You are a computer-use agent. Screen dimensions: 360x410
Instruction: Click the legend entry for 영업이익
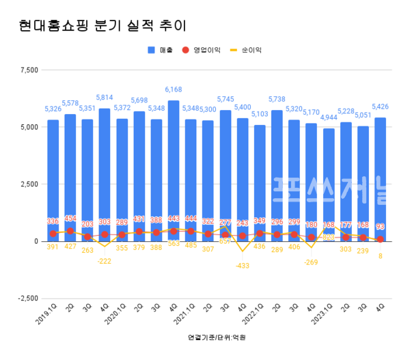pos(204,50)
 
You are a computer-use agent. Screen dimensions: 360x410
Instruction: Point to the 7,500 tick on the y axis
pos(29,70)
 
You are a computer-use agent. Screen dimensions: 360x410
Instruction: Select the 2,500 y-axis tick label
pos(29,184)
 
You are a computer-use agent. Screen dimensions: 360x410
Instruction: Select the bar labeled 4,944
pos(329,184)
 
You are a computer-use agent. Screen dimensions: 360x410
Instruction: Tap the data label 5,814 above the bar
pos(105,98)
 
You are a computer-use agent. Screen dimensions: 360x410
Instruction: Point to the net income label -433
pos(243,266)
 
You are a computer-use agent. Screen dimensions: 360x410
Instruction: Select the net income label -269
pos(312,262)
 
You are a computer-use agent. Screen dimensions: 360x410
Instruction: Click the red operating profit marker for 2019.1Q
pos(53,234)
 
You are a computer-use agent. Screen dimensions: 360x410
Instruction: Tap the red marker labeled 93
pos(381,239)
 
